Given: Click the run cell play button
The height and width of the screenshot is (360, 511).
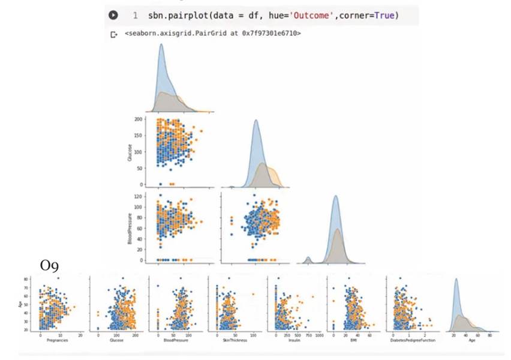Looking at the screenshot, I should [x=112, y=15].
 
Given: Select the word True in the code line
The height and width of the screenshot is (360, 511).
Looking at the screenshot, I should [x=386, y=15].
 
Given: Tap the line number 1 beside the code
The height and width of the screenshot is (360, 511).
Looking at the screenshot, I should [x=135, y=15].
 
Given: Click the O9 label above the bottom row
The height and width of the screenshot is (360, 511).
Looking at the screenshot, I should [x=49, y=265].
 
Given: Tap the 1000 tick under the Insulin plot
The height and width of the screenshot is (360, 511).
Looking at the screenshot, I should [x=318, y=335].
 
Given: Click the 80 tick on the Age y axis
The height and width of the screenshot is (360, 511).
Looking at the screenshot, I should [x=26, y=280].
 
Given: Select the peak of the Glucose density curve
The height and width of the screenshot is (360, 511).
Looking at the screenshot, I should [x=256, y=121].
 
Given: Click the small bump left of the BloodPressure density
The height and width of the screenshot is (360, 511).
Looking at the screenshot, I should [x=308, y=259].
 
